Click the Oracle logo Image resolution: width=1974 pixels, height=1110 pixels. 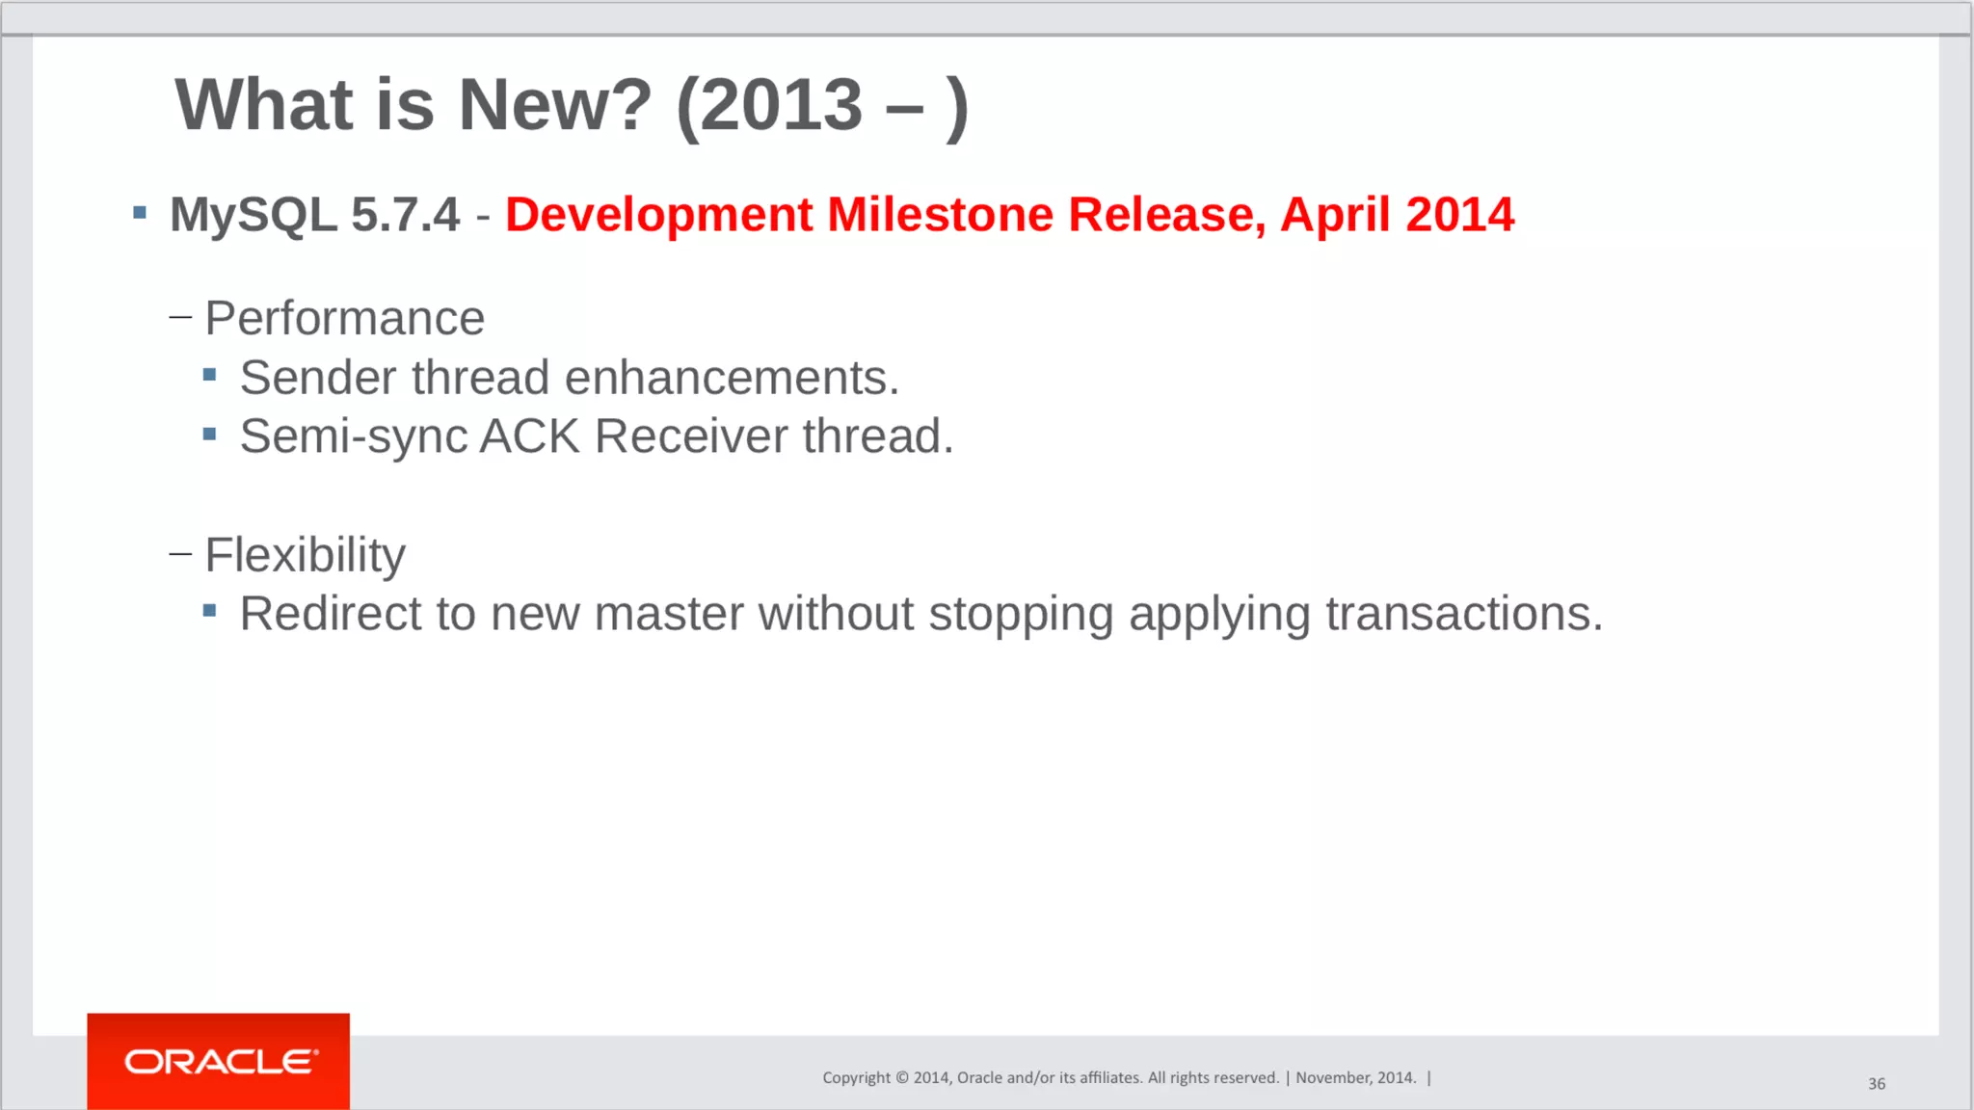(x=220, y=1061)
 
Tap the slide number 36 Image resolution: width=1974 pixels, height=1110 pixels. (x=1876, y=1084)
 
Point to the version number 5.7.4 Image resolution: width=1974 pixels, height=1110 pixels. (x=405, y=214)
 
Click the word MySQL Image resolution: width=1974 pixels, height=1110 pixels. (x=253, y=214)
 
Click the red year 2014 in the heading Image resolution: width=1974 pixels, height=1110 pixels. (x=1459, y=214)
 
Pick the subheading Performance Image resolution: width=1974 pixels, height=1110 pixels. (x=344, y=318)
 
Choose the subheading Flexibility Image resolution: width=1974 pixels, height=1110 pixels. (x=305, y=555)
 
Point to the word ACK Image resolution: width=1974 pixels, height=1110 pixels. (x=529, y=436)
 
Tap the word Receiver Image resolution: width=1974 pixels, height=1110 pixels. (x=691, y=436)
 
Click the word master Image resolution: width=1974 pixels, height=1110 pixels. (x=668, y=614)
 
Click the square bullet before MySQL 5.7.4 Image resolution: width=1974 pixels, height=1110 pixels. (x=140, y=213)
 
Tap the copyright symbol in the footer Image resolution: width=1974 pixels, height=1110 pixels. (x=902, y=1078)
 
